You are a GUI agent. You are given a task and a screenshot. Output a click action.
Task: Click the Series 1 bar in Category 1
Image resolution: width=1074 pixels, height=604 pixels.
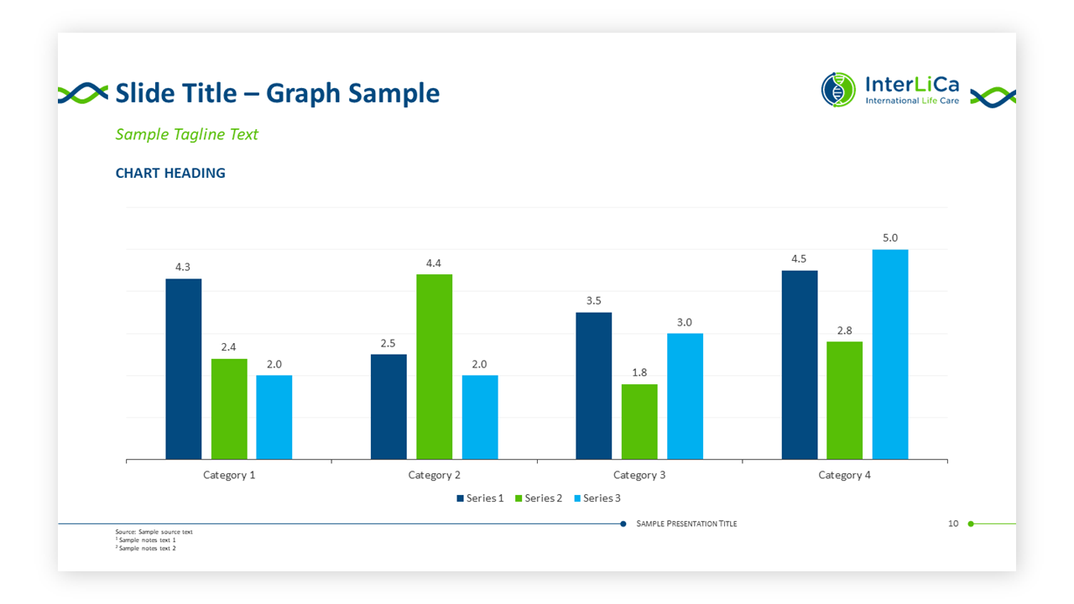[184, 369]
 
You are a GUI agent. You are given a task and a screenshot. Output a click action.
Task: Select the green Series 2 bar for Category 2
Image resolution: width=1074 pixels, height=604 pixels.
[434, 367]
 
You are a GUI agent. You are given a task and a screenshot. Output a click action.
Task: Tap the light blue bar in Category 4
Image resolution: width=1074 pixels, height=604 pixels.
[890, 354]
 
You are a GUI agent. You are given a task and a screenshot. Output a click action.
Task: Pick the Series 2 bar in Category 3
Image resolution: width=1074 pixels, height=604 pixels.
[639, 421]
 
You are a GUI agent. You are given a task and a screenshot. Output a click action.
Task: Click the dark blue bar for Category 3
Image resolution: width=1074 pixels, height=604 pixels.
[593, 386]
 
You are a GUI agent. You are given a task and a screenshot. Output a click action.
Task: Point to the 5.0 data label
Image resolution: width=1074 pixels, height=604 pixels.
[890, 238]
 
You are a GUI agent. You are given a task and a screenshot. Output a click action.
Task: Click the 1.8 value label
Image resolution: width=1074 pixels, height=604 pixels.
[639, 372]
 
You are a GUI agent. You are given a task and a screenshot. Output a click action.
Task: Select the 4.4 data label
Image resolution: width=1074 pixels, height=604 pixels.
[434, 263]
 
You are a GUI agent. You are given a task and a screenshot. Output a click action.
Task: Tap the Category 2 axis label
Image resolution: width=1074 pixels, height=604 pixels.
[434, 476]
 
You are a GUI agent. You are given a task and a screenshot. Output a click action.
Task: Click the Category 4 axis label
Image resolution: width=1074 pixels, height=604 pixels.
[844, 476]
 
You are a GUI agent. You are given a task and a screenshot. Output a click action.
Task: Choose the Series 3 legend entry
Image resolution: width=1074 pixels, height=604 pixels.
[597, 498]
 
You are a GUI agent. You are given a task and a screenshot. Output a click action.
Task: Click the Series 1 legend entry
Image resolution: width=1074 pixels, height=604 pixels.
[480, 498]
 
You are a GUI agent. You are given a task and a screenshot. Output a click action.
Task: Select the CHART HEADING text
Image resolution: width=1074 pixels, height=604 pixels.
[170, 174]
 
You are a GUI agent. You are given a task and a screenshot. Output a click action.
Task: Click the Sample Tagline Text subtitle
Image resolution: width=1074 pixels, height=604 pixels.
[186, 134]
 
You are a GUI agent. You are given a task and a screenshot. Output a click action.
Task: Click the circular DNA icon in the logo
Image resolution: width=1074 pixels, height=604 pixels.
[838, 90]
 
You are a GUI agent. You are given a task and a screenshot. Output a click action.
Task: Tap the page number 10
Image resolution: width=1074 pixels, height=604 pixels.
[953, 523]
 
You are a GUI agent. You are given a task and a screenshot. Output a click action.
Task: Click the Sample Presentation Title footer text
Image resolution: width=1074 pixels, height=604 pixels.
[686, 523]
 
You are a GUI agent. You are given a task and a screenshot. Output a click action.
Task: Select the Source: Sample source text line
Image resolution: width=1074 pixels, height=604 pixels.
[154, 532]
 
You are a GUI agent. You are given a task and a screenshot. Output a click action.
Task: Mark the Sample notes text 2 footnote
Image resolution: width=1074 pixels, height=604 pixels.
[147, 549]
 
